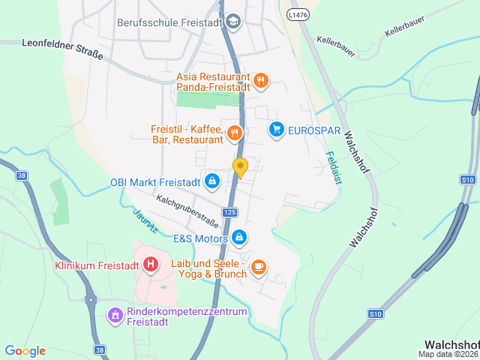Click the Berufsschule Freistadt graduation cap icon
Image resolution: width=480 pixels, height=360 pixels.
click(232, 22)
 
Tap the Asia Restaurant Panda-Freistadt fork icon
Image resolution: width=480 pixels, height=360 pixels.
click(260, 81)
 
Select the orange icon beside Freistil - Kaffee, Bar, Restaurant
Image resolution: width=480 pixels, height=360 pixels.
click(234, 133)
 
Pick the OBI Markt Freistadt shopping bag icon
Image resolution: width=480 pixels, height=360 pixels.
click(212, 181)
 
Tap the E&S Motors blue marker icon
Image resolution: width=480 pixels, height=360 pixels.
click(238, 238)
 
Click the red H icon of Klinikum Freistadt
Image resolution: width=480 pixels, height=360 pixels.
click(151, 265)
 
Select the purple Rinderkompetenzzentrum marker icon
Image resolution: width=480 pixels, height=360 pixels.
click(115, 315)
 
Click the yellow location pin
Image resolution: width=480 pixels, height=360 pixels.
click(240, 167)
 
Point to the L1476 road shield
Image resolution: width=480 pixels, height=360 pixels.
click(298, 14)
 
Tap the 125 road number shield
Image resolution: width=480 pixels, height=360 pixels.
click(229, 213)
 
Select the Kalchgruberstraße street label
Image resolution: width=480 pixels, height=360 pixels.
click(187, 211)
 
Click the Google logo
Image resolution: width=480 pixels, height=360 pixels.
click(25, 351)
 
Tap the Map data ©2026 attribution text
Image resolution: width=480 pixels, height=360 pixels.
click(448, 355)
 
